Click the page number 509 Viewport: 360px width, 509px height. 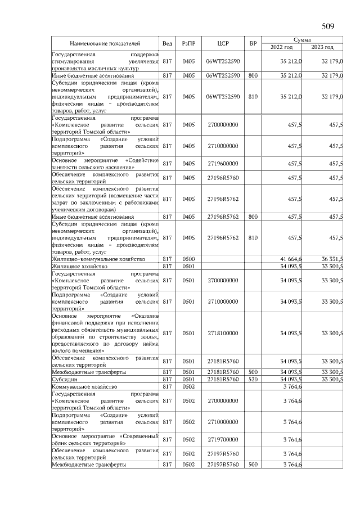click(x=328, y=26)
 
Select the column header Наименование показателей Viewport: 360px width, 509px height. click(x=105, y=43)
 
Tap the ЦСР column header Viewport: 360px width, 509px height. click(x=223, y=43)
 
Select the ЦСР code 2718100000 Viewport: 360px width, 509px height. click(x=223, y=334)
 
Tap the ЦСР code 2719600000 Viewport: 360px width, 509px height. click(x=223, y=164)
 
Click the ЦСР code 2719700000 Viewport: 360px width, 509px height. click(x=223, y=439)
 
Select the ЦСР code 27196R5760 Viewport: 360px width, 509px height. click(x=223, y=178)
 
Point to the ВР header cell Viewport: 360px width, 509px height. click(x=253, y=43)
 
